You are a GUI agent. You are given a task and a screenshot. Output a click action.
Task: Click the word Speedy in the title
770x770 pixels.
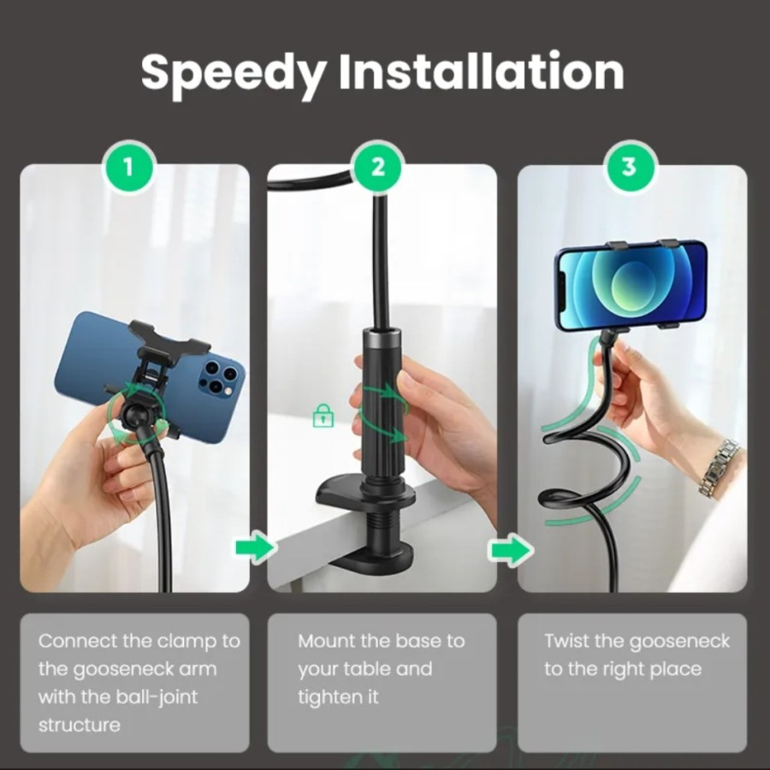(x=234, y=73)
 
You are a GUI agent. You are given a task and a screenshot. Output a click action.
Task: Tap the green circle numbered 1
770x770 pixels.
(x=128, y=167)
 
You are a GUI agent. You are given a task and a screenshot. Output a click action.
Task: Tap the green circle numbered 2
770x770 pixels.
(x=377, y=167)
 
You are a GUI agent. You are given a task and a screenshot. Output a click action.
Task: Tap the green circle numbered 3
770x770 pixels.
(x=629, y=167)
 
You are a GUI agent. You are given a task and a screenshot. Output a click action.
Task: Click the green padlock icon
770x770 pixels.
(x=323, y=416)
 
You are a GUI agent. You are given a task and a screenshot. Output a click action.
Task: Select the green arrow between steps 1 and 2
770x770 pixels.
(x=254, y=547)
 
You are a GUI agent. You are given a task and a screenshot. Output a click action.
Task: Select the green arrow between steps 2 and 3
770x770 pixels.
(x=511, y=548)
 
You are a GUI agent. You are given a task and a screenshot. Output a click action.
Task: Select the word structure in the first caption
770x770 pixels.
(x=79, y=726)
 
